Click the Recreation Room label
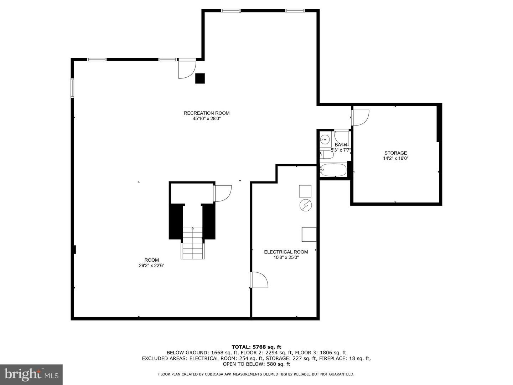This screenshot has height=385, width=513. tap(207, 113)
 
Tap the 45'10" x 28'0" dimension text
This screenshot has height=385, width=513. tap(207, 118)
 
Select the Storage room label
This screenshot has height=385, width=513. tap(396, 153)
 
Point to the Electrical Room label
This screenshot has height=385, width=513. tap(286, 252)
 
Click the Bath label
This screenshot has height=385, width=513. tap(341, 145)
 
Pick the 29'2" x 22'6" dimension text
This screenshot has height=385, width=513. tap(152, 266)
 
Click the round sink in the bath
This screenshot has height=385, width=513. tap(325, 139)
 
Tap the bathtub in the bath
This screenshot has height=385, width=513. tap(333, 170)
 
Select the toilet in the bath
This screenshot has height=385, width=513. tap(327, 155)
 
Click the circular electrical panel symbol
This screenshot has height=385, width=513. tap(305, 205)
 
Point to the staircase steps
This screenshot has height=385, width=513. tap(193, 243)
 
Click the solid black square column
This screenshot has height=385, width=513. tap(200, 78)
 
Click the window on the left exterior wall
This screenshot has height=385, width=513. tap(72, 88)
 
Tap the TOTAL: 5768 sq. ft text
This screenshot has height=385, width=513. tap(256, 347)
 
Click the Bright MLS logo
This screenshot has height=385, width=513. tap(31, 374)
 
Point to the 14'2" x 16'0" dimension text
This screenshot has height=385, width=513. tap(396, 158)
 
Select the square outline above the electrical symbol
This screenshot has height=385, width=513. tap(305, 191)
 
